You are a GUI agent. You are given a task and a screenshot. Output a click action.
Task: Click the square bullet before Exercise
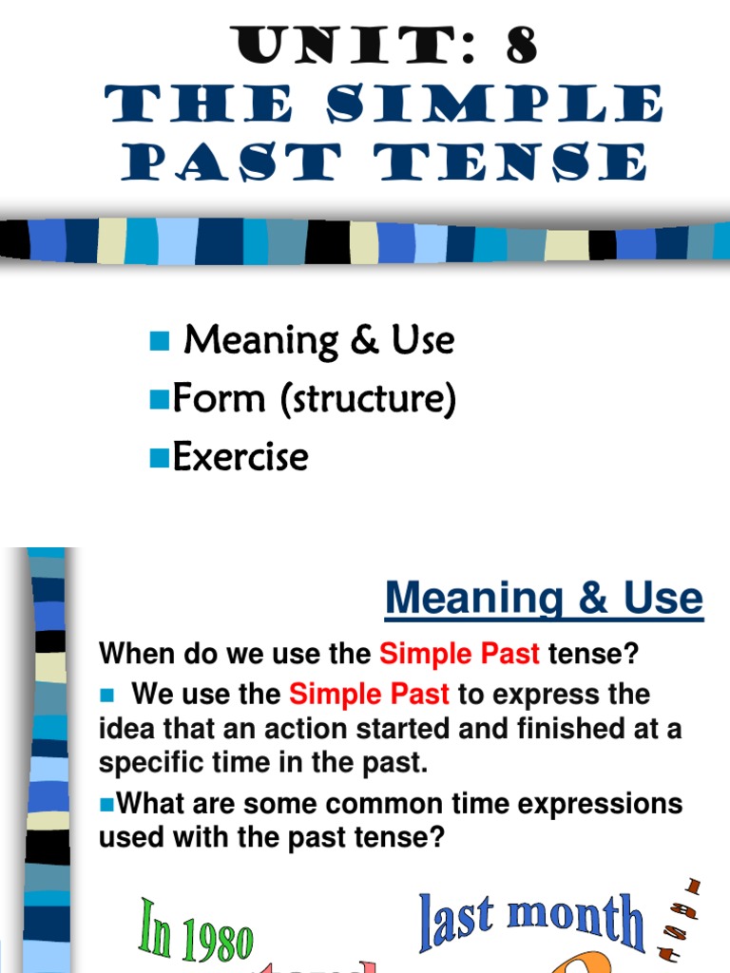[x=159, y=460]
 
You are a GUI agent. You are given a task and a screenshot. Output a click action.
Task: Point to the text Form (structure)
[x=315, y=400]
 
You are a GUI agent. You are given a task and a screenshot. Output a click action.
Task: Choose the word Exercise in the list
[x=240, y=457]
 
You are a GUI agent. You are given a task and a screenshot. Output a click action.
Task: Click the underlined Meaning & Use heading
[x=544, y=599]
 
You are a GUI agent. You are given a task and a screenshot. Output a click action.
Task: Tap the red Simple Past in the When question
[x=459, y=654]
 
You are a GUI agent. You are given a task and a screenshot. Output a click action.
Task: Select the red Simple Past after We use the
[x=369, y=694]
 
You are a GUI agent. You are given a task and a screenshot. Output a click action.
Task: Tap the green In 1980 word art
[x=197, y=932]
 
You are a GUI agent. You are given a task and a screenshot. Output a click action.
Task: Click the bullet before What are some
[x=106, y=804]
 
